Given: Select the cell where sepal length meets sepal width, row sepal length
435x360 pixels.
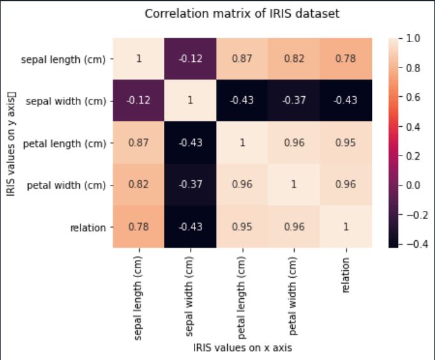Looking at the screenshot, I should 191,59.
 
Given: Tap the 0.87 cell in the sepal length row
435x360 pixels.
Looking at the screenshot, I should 243,59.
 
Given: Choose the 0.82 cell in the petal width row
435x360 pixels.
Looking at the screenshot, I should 138,184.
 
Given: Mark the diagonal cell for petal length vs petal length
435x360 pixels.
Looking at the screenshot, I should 243,142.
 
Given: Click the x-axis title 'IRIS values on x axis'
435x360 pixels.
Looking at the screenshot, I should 243,348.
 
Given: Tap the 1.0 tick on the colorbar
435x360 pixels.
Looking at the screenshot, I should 414,38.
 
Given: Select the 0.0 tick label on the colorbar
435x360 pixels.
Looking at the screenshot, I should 414,185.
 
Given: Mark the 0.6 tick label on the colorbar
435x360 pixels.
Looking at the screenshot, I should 414,97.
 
